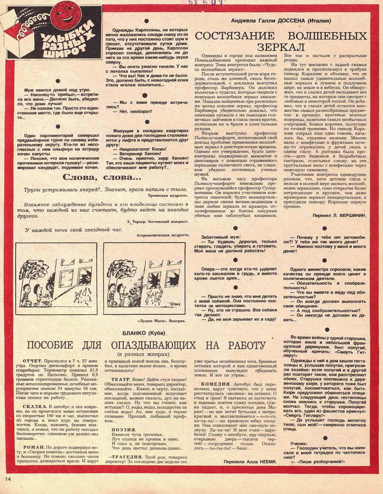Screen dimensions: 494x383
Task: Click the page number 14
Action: point(8,480)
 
